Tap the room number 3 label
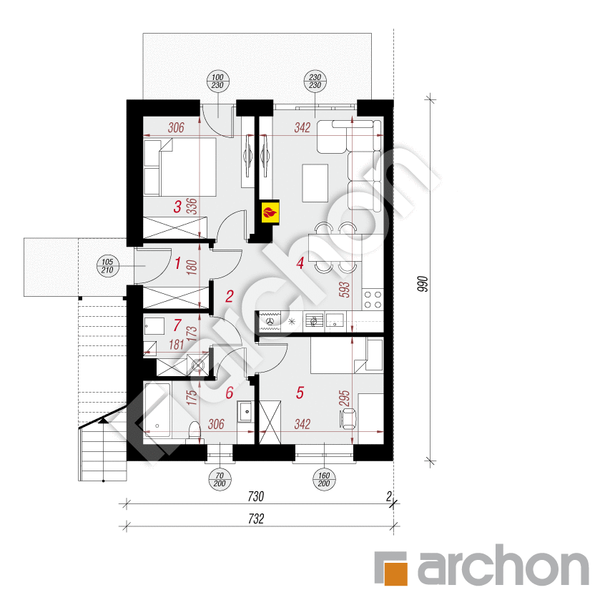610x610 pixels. [177, 207]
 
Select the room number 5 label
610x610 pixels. [300, 392]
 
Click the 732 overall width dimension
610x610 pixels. [257, 519]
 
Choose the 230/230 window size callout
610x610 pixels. [315, 82]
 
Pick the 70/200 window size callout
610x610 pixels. [217, 478]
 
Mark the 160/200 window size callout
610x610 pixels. [325, 478]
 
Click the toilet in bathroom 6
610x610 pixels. [194, 432]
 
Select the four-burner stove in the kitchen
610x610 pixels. [373, 298]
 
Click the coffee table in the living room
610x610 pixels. [315, 182]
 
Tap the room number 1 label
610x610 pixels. [177, 263]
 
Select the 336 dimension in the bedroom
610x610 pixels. [191, 207]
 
